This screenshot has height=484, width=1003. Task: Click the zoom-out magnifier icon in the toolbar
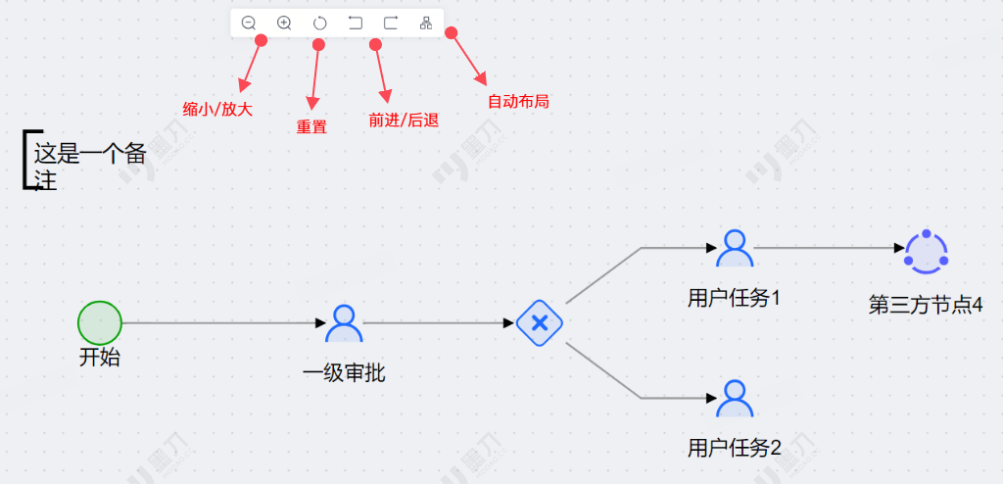click(x=249, y=23)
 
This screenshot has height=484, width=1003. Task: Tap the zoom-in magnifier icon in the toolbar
click(x=284, y=23)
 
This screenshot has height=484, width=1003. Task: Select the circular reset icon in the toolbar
click(x=319, y=23)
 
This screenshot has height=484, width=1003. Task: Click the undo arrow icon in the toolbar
click(x=355, y=23)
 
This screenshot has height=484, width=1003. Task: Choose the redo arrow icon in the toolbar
click(x=390, y=23)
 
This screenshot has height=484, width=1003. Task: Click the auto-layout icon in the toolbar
click(x=426, y=23)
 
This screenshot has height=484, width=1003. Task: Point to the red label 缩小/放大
click(x=217, y=109)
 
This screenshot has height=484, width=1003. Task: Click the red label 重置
click(x=311, y=126)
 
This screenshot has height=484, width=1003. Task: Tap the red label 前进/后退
click(x=403, y=121)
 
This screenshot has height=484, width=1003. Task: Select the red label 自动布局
click(x=518, y=101)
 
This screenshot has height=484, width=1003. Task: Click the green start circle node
click(x=100, y=322)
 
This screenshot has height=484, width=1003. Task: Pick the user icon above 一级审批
click(x=344, y=322)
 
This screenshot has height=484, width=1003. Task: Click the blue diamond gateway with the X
click(x=539, y=322)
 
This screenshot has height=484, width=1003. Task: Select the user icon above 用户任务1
click(x=734, y=248)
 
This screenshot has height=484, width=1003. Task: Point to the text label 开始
click(x=100, y=358)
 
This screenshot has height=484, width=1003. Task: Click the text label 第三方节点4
click(x=925, y=305)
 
